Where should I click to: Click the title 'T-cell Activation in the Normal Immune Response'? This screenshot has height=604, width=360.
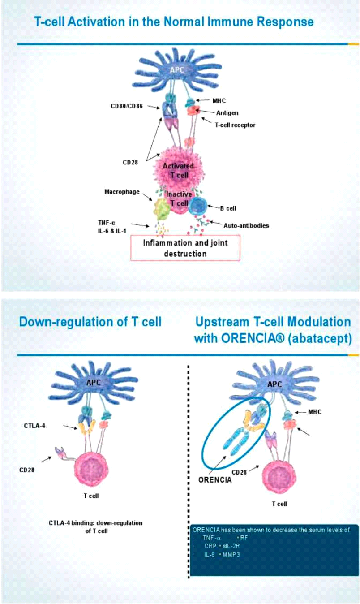click(x=173, y=22)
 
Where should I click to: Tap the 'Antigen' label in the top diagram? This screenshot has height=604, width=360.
click(x=227, y=113)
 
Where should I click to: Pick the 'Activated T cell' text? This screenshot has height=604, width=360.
click(x=178, y=170)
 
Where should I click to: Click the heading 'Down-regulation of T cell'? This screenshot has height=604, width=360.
click(x=90, y=322)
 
